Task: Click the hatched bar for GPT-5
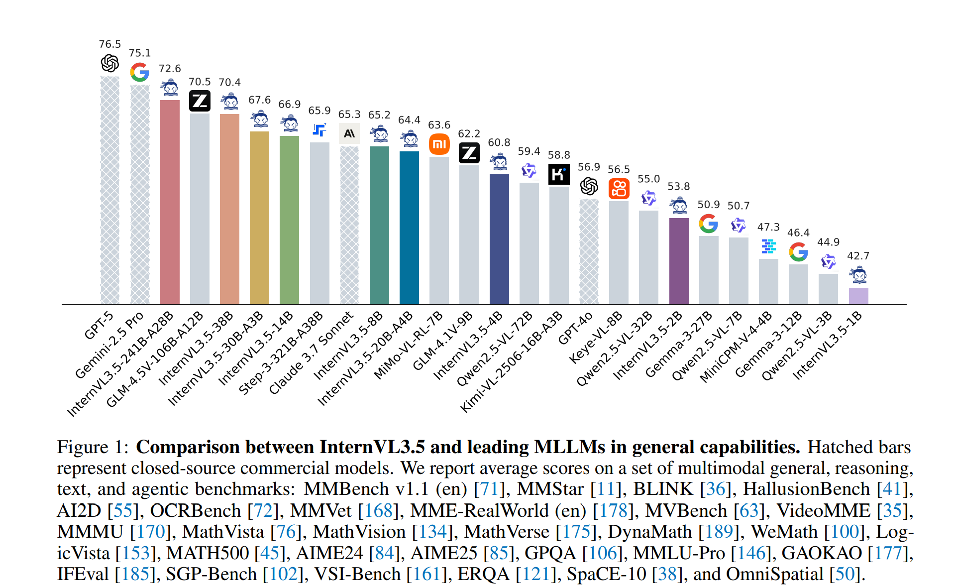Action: (110, 190)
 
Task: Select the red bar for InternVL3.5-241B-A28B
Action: (170, 202)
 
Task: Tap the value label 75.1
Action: (140, 53)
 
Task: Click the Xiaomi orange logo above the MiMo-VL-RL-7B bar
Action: (439, 144)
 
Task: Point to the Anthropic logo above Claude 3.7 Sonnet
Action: (349, 133)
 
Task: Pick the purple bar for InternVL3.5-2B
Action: (679, 261)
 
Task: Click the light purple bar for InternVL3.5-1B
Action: (858, 296)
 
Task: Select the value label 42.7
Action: (858, 256)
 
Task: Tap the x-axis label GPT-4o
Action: (576, 329)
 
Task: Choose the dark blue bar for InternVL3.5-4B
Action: (499, 239)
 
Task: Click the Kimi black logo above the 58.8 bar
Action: (559, 174)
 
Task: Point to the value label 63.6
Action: (439, 125)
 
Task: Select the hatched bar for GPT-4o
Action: (589, 251)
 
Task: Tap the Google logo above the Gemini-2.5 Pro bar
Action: (140, 72)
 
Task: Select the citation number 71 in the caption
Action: (489, 489)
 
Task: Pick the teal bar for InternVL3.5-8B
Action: (379, 225)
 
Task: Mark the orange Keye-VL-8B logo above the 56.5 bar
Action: (619, 189)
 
